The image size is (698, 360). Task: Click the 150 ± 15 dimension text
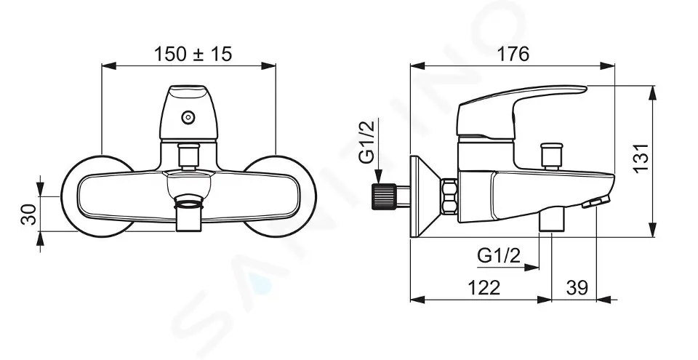(193, 55)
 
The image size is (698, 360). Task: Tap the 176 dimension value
(513, 55)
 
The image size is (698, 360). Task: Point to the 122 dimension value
(484, 288)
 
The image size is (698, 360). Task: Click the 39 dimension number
(577, 288)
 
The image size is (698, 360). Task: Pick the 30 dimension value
(29, 215)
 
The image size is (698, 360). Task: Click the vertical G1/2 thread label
(368, 142)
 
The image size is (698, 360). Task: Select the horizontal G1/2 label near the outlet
(499, 256)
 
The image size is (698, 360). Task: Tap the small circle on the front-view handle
(188, 118)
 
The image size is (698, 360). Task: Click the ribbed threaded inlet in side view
(384, 197)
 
